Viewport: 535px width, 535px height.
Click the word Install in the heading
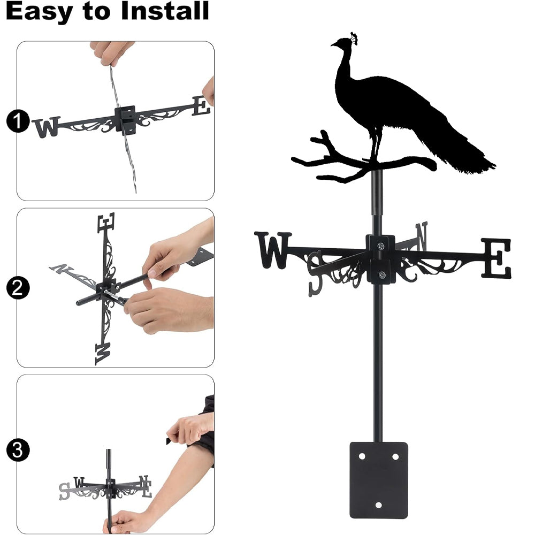click(x=165, y=11)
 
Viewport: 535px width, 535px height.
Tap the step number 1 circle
click(x=18, y=121)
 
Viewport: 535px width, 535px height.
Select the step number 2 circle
click(x=18, y=288)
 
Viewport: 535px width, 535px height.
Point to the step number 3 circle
click(x=18, y=450)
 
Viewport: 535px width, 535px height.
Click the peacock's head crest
click(x=354, y=38)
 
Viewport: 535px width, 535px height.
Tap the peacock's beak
click(x=333, y=44)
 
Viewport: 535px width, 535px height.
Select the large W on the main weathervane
click(x=273, y=250)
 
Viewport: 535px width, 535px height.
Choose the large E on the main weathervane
click(x=496, y=258)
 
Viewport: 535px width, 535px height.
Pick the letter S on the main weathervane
click(x=315, y=273)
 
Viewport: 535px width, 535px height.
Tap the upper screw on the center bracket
click(x=380, y=246)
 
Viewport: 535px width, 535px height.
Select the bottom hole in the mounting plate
click(x=378, y=505)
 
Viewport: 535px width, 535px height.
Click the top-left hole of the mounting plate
click(x=362, y=456)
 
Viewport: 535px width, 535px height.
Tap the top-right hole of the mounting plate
click(x=395, y=456)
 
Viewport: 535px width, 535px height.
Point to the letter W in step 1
click(x=46, y=127)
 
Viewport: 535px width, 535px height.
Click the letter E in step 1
click(x=201, y=106)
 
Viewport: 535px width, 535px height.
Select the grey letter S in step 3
click(x=65, y=491)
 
